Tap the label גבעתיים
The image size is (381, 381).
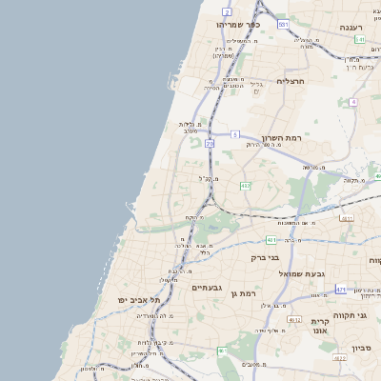pyautogui.click(x=206, y=288)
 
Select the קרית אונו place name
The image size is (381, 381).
pyautogui.click(x=319, y=328)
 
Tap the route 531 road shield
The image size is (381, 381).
pyautogui.click(x=283, y=23)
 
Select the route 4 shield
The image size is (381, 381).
pyautogui.click(x=352, y=101)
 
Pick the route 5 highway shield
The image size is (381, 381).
pyautogui.click(x=233, y=135)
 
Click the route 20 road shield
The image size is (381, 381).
pyautogui.click(x=210, y=144)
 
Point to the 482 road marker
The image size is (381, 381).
pyautogui.click(x=245, y=186)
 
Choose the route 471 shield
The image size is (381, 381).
pyautogui.click(x=341, y=289)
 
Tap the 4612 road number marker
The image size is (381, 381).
pyautogui.click(x=295, y=320)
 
